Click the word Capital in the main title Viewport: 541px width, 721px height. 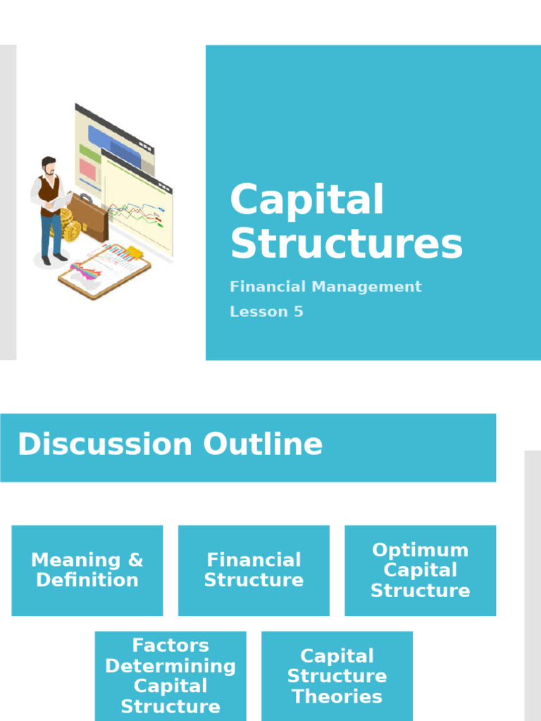point(307,200)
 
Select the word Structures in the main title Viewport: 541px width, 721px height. point(347,244)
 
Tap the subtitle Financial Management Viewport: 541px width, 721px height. point(325,287)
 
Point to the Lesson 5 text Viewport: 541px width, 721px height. point(266,312)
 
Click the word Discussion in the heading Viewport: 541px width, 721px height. point(104,445)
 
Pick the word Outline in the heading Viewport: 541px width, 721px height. point(263,445)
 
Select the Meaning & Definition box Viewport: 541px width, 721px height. point(87,570)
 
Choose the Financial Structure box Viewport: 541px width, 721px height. point(254,570)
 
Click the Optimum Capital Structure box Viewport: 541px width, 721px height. point(420,570)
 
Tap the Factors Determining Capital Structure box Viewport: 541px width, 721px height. point(170,676)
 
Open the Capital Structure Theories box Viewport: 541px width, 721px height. point(337,676)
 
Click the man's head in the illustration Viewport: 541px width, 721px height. point(49,166)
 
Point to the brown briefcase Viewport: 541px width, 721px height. point(90,218)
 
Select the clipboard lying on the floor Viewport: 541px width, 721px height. point(105,271)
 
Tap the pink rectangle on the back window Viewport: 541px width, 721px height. point(87,170)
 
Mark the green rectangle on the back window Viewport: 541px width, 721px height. point(89,151)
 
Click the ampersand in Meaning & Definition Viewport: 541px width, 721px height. point(135,560)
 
